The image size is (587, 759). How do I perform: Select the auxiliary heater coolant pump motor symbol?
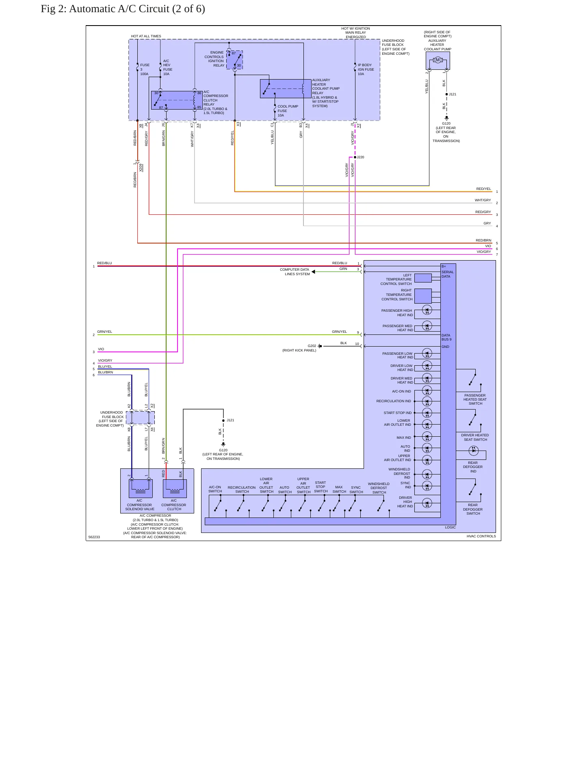(x=438, y=60)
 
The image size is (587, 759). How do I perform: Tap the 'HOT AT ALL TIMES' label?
(x=146, y=36)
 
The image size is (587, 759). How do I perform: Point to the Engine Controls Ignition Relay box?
(x=234, y=60)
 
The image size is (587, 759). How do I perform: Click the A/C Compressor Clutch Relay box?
(x=177, y=100)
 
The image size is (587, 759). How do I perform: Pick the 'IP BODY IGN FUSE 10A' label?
(x=366, y=69)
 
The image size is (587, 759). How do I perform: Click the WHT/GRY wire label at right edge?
(x=483, y=200)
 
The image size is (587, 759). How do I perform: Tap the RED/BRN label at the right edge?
(x=483, y=240)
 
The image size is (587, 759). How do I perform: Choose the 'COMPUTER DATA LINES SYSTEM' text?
(x=295, y=272)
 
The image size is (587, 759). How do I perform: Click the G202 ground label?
(x=312, y=346)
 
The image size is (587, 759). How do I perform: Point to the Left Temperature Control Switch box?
(x=423, y=278)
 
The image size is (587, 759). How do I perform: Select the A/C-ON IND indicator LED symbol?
(x=427, y=391)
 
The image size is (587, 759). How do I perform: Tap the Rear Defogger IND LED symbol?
(x=473, y=450)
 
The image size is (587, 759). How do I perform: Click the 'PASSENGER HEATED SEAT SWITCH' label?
(x=475, y=399)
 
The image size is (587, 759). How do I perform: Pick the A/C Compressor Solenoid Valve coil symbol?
(x=141, y=488)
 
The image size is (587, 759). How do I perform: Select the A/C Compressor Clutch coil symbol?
(x=175, y=488)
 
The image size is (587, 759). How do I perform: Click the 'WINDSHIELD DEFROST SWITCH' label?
(x=379, y=488)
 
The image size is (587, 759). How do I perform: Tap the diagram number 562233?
(x=94, y=537)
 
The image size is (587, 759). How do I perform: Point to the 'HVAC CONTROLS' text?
(x=481, y=536)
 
